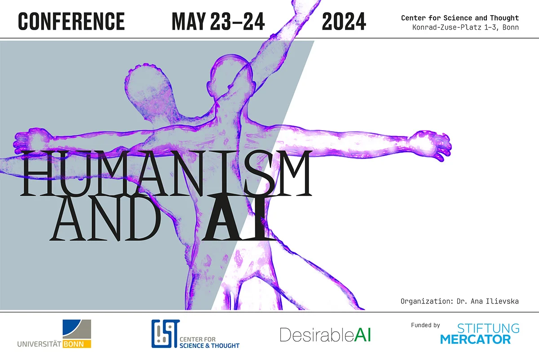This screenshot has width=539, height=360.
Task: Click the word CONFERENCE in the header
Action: [71, 21]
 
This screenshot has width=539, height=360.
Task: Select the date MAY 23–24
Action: [218, 21]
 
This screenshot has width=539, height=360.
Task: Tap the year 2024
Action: [344, 21]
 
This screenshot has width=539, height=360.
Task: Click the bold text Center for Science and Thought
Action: [459, 18]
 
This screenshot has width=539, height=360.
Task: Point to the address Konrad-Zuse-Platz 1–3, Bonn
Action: [465, 27]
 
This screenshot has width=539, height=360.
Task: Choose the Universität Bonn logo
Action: [54, 334]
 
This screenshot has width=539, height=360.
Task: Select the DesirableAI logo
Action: [325, 334]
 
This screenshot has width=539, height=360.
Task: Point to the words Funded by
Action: [425, 325]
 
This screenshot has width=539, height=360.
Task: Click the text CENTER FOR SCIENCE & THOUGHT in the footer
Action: [209, 342]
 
